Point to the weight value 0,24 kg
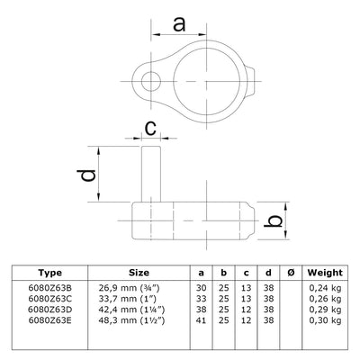click(323, 285)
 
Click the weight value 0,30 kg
click(323, 320)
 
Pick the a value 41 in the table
click(201, 320)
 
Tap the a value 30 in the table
click(201, 285)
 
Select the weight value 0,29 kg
click(323, 309)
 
